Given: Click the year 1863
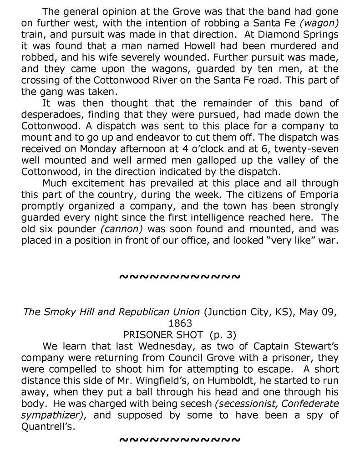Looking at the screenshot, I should tap(180, 324).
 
